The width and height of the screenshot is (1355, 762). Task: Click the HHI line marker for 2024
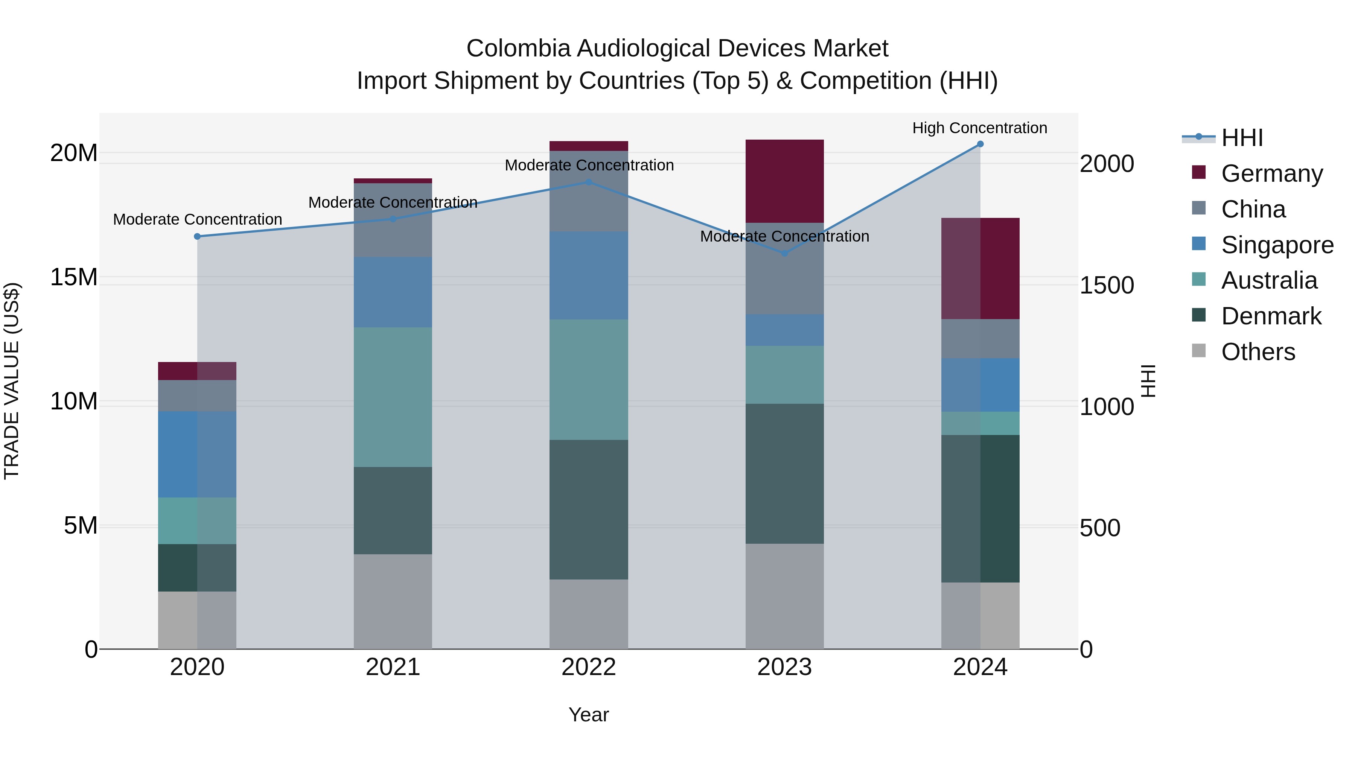click(980, 144)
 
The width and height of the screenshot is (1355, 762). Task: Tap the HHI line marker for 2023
click(784, 253)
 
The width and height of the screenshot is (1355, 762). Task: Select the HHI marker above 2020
click(197, 237)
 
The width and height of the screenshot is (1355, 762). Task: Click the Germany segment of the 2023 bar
click(784, 181)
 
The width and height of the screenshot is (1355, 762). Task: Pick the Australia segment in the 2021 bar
click(393, 397)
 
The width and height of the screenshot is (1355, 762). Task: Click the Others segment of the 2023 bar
click(784, 596)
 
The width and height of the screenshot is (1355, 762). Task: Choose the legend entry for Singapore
click(1277, 245)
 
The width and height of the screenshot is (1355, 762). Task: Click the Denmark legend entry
click(1270, 316)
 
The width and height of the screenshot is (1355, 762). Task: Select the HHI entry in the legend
click(1241, 138)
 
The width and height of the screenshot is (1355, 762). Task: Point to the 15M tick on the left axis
click(74, 277)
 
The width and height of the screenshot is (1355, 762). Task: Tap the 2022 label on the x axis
click(589, 667)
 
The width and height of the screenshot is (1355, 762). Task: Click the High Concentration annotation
click(979, 128)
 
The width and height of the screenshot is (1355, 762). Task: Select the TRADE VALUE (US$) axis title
click(12, 381)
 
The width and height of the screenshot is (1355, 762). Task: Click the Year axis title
click(589, 715)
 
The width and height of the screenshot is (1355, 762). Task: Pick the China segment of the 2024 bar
click(980, 339)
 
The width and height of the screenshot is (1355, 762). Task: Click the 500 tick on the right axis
click(1100, 528)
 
